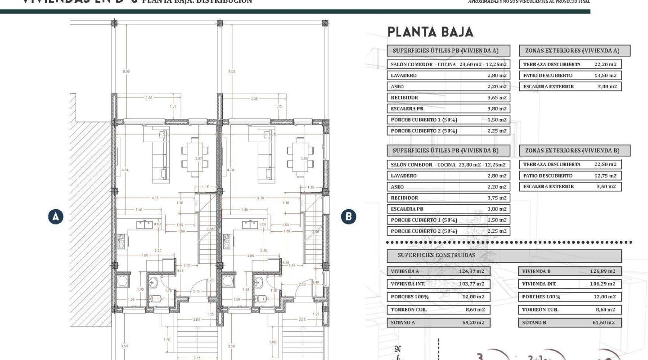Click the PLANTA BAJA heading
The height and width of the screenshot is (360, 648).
coord(430,32)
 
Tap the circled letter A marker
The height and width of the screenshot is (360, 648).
coord(56,216)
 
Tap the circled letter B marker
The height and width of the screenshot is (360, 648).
coord(348,216)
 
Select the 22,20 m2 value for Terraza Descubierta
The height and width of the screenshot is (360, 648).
coord(605,64)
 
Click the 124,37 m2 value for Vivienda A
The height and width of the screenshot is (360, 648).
coord(471,271)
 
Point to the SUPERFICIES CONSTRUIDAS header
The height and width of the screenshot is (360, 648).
coord(436,256)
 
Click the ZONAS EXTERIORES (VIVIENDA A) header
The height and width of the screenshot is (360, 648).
coord(575,50)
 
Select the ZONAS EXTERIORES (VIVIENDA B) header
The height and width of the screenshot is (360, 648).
coord(575,150)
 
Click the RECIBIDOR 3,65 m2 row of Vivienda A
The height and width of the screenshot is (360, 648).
coord(448,98)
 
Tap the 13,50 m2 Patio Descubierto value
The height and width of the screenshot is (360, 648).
coord(605,76)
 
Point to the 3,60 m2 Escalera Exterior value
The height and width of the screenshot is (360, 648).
coord(606,186)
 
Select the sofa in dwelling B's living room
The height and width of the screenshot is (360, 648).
coord(266,155)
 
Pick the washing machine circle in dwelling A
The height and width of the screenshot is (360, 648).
coord(122,282)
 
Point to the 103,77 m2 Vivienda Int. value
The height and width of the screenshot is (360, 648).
coord(471,284)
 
